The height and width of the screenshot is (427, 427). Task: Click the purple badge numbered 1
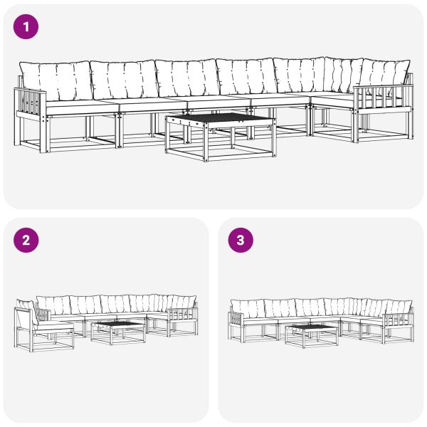pyautogui.click(x=26, y=27)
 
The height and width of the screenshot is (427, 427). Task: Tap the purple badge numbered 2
pyautogui.click(x=26, y=240)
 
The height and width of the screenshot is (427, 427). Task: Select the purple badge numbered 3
pyautogui.click(x=240, y=240)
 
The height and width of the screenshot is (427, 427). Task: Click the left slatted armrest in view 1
pyautogui.click(x=30, y=105)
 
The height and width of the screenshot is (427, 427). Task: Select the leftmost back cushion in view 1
pyautogui.click(x=56, y=80)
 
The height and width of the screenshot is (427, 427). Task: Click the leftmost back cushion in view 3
pyautogui.click(x=248, y=308)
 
